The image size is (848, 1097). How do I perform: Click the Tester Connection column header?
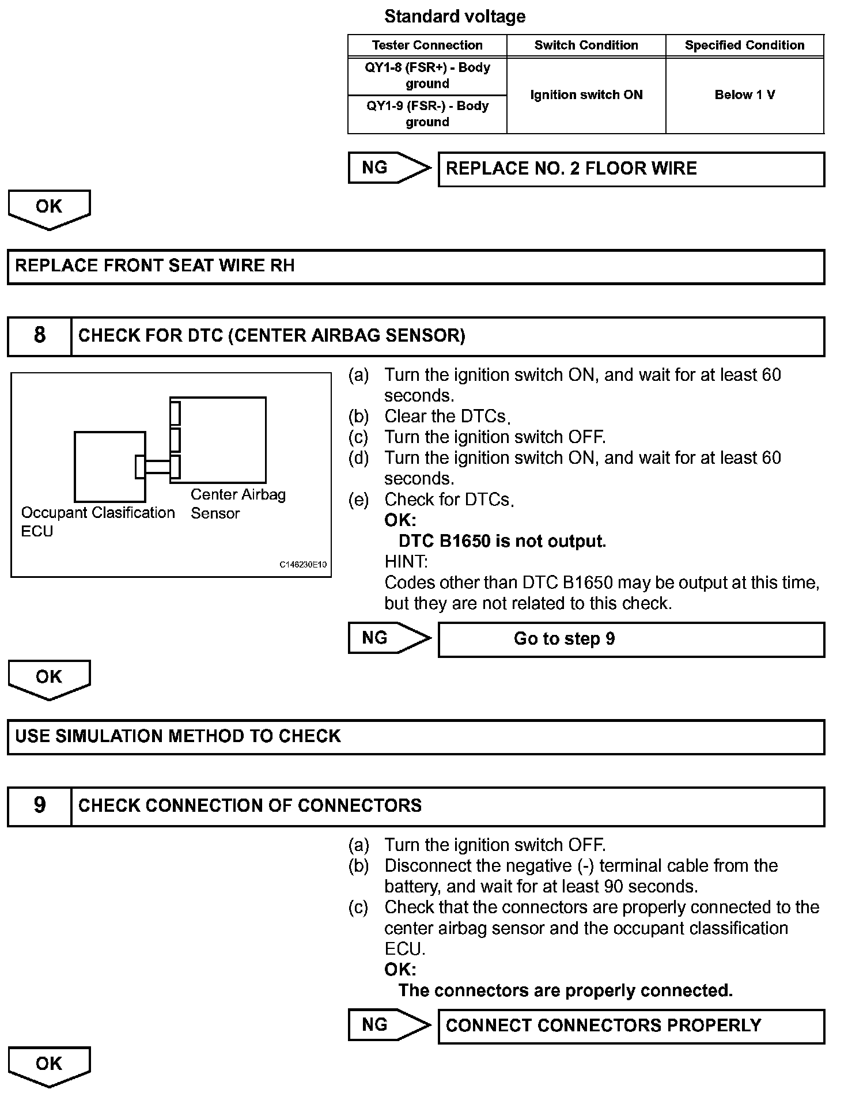427,46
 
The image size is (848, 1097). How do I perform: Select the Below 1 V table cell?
744,95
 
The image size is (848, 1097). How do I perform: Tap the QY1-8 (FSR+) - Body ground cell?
427,75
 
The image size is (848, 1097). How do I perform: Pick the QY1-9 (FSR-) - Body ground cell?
427,114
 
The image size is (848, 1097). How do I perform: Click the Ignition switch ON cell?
586,95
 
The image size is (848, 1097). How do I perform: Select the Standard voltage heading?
455,16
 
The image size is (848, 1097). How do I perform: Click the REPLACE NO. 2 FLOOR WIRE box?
631,169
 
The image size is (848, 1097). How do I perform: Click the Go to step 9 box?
631,639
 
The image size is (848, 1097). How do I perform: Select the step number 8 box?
39,335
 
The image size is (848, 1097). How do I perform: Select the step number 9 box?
39,805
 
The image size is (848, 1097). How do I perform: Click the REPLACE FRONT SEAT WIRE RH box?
415,266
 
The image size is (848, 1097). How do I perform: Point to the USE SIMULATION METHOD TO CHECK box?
415,736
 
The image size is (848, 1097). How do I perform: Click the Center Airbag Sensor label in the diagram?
237,504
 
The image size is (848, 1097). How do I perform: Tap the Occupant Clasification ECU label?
97,521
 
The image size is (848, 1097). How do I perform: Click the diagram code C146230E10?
303,565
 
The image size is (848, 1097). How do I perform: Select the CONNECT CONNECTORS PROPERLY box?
631,1026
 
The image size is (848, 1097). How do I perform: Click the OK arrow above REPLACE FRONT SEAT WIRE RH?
49,209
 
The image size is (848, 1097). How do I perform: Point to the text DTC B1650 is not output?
502,542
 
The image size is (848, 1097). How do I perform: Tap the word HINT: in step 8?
406,561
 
